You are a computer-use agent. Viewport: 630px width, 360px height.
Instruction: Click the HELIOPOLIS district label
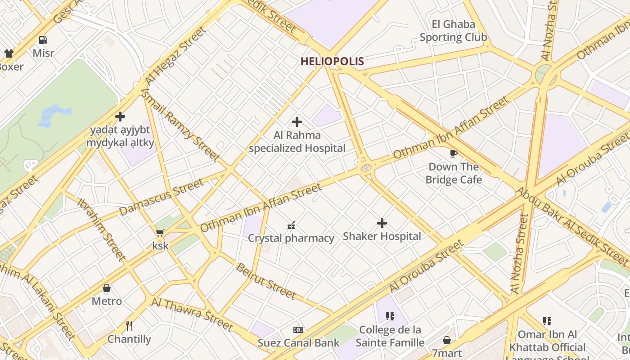click(x=332, y=61)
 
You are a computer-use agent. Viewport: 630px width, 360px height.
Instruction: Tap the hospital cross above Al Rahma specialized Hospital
click(x=297, y=122)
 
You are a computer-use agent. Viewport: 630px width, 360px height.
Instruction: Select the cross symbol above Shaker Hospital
click(x=382, y=223)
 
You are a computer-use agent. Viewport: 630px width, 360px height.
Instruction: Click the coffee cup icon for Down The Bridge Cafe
click(x=454, y=154)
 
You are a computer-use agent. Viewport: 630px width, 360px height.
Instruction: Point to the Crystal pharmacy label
click(x=291, y=238)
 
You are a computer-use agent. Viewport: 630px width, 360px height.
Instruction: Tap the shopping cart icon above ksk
click(x=160, y=233)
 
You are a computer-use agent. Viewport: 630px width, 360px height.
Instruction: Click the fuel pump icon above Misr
click(x=43, y=40)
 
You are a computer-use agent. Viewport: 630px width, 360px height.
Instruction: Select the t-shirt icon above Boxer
click(x=9, y=54)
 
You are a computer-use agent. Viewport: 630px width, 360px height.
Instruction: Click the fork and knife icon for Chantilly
click(x=129, y=325)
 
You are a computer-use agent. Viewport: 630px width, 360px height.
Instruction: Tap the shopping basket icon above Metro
click(x=107, y=288)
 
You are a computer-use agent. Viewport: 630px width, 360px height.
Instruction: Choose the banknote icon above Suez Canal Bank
click(x=298, y=330)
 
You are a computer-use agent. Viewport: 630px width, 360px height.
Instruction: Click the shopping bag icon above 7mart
click(x=447, y=340)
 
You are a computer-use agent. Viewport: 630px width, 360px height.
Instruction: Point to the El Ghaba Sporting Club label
click(x=453, y=31)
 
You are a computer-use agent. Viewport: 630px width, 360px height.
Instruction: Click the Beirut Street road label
click(x=266, y=281)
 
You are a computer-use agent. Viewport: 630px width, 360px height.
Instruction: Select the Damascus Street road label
click(x=161, y=198)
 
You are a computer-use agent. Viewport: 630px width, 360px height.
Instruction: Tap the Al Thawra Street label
click(x=192, y=314)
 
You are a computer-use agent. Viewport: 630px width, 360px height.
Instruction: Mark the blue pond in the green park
click(x=55, y=114)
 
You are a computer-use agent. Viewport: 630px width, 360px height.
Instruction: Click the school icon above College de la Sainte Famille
click(x=390, y=316)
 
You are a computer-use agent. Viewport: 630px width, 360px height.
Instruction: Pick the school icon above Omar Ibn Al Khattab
click(x=547, y=321)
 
